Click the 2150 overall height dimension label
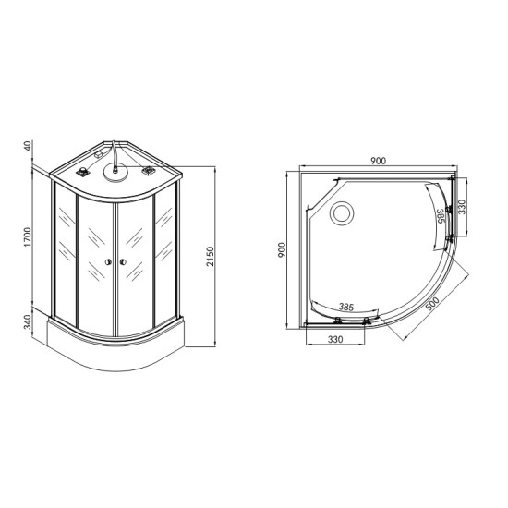[x=211, y=256]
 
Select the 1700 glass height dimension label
[x=29, y=236]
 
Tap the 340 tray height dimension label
[x=29, y=321]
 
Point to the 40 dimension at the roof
[x=29, y=145]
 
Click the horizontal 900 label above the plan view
[x=378, y=161]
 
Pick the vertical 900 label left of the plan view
[x=282, y=249]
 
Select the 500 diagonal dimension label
[x=432, y=304]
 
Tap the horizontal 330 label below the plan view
[x=335, y=339]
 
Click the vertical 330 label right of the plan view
[x=462, y=207]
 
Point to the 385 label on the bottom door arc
[x=346, y=306]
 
